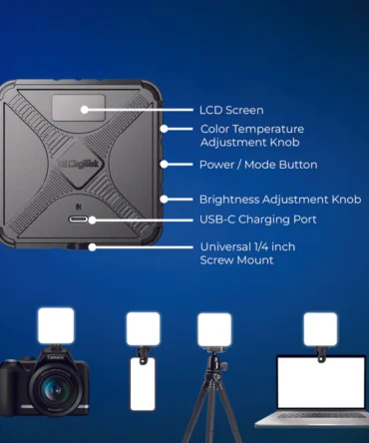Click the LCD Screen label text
(231, 110)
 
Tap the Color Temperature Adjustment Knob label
(252, 136)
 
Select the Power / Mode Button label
(258, 165)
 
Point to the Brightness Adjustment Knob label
(280, 200)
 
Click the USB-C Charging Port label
(258, 220)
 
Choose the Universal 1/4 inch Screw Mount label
(247, 253)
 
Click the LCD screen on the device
(79, 108)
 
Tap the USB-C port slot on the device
(79, 220)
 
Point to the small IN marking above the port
(79, 207)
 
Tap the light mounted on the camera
(56, 325)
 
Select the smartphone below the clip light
(143, 384)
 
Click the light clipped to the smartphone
(143, 329)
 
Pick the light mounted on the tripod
(214, 330)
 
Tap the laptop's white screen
(321, 382)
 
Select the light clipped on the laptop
(320, 329)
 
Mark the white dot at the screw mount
(92, 247)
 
